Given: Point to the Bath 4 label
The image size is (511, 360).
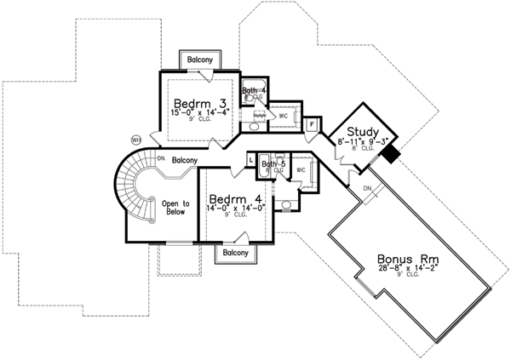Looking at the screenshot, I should [254, 90].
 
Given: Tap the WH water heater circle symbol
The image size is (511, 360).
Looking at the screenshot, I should [135, 139].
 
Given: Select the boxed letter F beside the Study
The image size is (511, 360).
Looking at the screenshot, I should [312, 124].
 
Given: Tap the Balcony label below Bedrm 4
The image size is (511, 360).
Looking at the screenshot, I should [235, 253].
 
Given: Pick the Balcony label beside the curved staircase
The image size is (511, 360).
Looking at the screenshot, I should [185, 160].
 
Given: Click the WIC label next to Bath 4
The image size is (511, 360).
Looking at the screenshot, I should [284, 112].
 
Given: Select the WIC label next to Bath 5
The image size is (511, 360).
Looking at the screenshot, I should [301, 170].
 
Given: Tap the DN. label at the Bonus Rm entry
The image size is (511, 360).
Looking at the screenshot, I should [369, 188].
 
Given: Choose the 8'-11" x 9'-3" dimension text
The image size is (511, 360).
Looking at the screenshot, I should [365, 143].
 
